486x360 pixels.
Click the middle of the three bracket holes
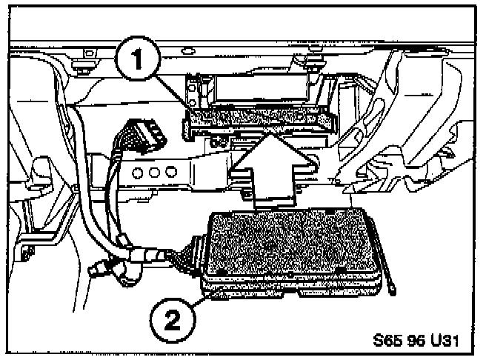[x=154, y=172]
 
